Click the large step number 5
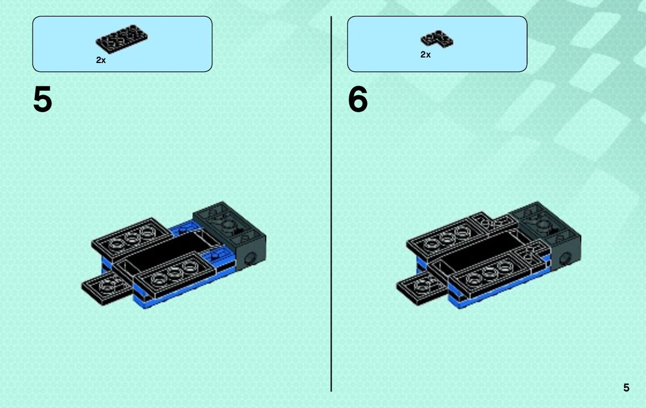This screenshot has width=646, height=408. coord(43,99)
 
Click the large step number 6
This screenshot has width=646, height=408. coord(358,99)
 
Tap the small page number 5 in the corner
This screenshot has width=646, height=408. coord(626,388)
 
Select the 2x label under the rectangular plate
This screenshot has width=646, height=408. coord(101,60)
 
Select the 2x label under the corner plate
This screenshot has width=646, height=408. coord(426,54)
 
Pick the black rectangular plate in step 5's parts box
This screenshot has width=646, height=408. coord(122,39)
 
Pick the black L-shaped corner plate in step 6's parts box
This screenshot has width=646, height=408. coord(437,39)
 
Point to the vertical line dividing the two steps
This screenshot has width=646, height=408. coord(331,204)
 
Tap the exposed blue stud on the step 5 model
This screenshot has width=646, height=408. coord(214,257)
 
